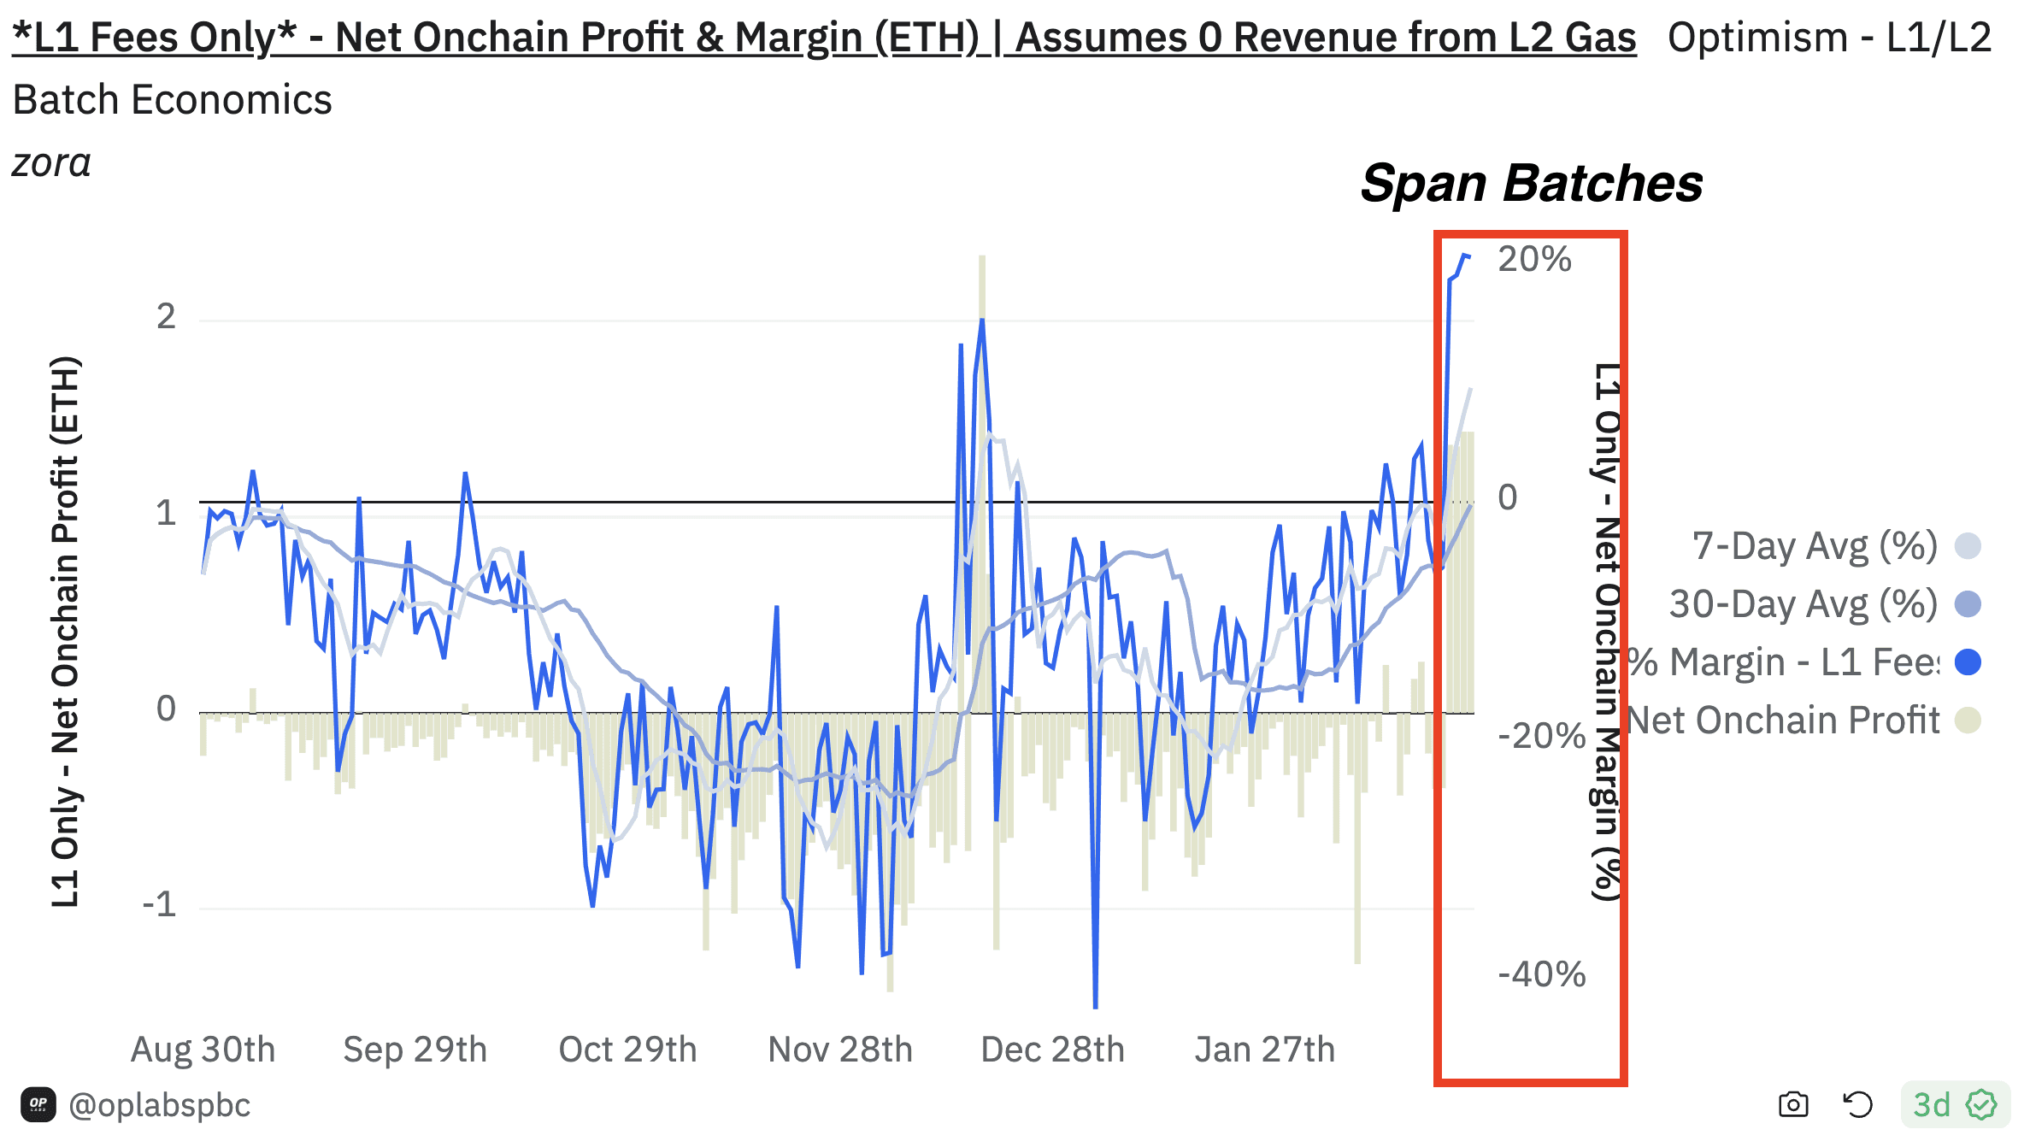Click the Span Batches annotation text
point(1531,184)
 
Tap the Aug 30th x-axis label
point(203,1050)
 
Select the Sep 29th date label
point(415,1050)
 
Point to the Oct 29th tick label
point(627,1050)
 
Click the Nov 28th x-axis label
point(840,1050)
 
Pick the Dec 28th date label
point(1052,1050)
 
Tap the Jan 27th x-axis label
point(1264,1050)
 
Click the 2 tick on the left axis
point(166,317)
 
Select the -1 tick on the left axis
point(160,903)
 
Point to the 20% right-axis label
point(1534,259)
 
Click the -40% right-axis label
point(1541,974)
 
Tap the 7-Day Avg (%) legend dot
point(1968,546)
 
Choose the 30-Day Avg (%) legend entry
point(1803,604)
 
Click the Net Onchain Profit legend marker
point(1968,721)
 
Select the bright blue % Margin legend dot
point(1968,662)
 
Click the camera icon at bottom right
point(1793,1104)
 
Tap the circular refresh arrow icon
point(1857,1104)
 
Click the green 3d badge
point(1954,1104)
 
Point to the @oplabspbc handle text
point(159,1105)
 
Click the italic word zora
point(51,162)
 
